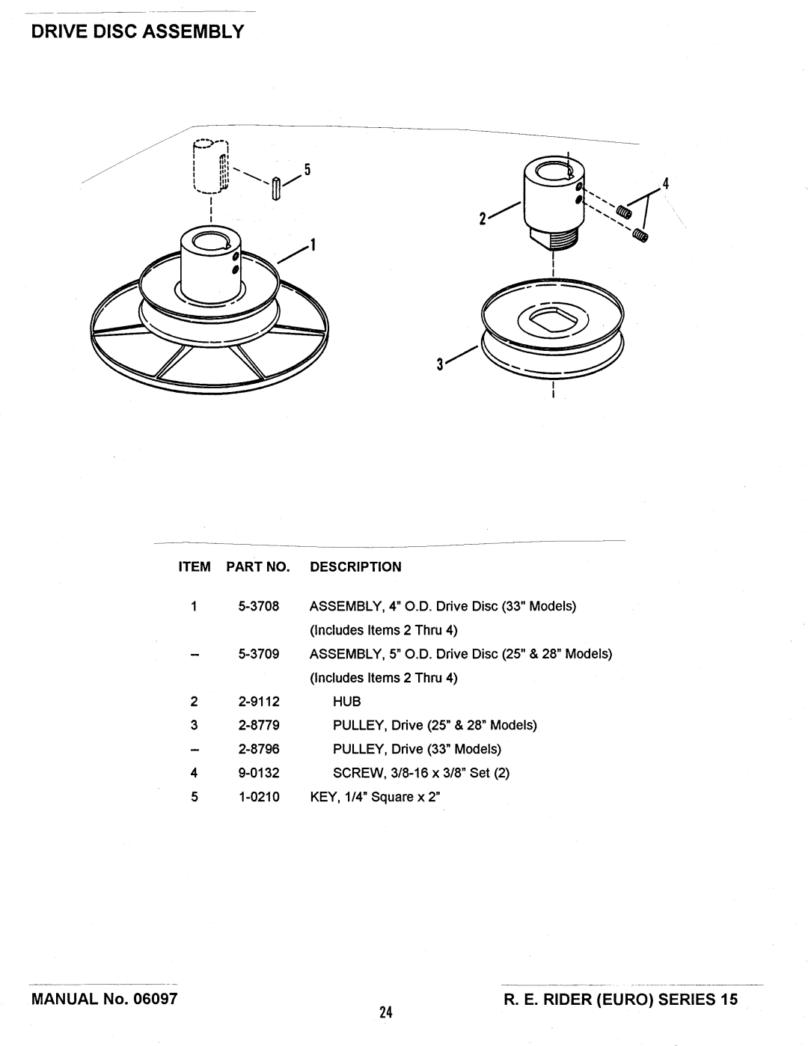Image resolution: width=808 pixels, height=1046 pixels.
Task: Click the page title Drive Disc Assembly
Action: click(138, 31)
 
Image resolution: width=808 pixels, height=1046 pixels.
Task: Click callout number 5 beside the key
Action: click(307, 169)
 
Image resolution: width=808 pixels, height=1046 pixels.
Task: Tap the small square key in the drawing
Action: click(276, 189)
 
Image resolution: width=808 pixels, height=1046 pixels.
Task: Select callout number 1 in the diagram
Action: click(313, 245)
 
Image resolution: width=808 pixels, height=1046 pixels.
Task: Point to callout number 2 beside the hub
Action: click(483, 219)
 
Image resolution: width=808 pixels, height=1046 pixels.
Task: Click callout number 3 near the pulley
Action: click(439, 364)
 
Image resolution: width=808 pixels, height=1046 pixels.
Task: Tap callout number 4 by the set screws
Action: click(666, 183)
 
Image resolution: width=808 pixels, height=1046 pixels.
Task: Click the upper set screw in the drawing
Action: click(624, 212)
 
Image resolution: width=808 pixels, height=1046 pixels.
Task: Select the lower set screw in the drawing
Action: click(640, 236)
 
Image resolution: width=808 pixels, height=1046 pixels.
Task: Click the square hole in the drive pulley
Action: click(552, 319)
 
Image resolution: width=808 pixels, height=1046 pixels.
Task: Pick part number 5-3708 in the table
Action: click(258, 606)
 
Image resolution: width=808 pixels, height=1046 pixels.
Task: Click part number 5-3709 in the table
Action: click(258, 654)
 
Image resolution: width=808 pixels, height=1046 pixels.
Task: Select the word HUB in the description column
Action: click(346, 701)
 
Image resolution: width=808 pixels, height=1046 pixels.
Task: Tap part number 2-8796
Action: click(258, 749)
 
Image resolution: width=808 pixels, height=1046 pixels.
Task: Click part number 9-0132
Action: click(258, 773)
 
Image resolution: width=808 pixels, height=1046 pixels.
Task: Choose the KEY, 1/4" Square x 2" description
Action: click(375, 797)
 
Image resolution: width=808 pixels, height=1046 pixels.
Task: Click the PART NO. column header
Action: click(258, 566)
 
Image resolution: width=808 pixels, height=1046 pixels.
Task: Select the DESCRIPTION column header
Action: click(355, 566)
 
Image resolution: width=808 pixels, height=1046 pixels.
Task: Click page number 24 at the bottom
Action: click(385, 1012)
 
